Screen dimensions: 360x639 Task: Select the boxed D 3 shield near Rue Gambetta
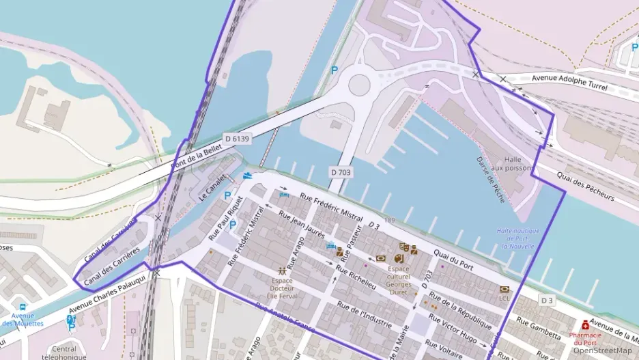point(547,300)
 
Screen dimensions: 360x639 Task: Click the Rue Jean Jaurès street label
point(302,223)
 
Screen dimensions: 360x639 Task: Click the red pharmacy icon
point(586,325)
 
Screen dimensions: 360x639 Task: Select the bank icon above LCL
point(505,290)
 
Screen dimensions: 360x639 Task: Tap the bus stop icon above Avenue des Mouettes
point(23,307)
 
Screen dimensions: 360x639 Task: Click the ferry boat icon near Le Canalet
point(247,176)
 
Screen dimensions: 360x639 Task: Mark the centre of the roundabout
point(359,85)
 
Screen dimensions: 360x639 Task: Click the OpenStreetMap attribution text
point(602,350)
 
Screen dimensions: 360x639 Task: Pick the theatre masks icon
point(404,247)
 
